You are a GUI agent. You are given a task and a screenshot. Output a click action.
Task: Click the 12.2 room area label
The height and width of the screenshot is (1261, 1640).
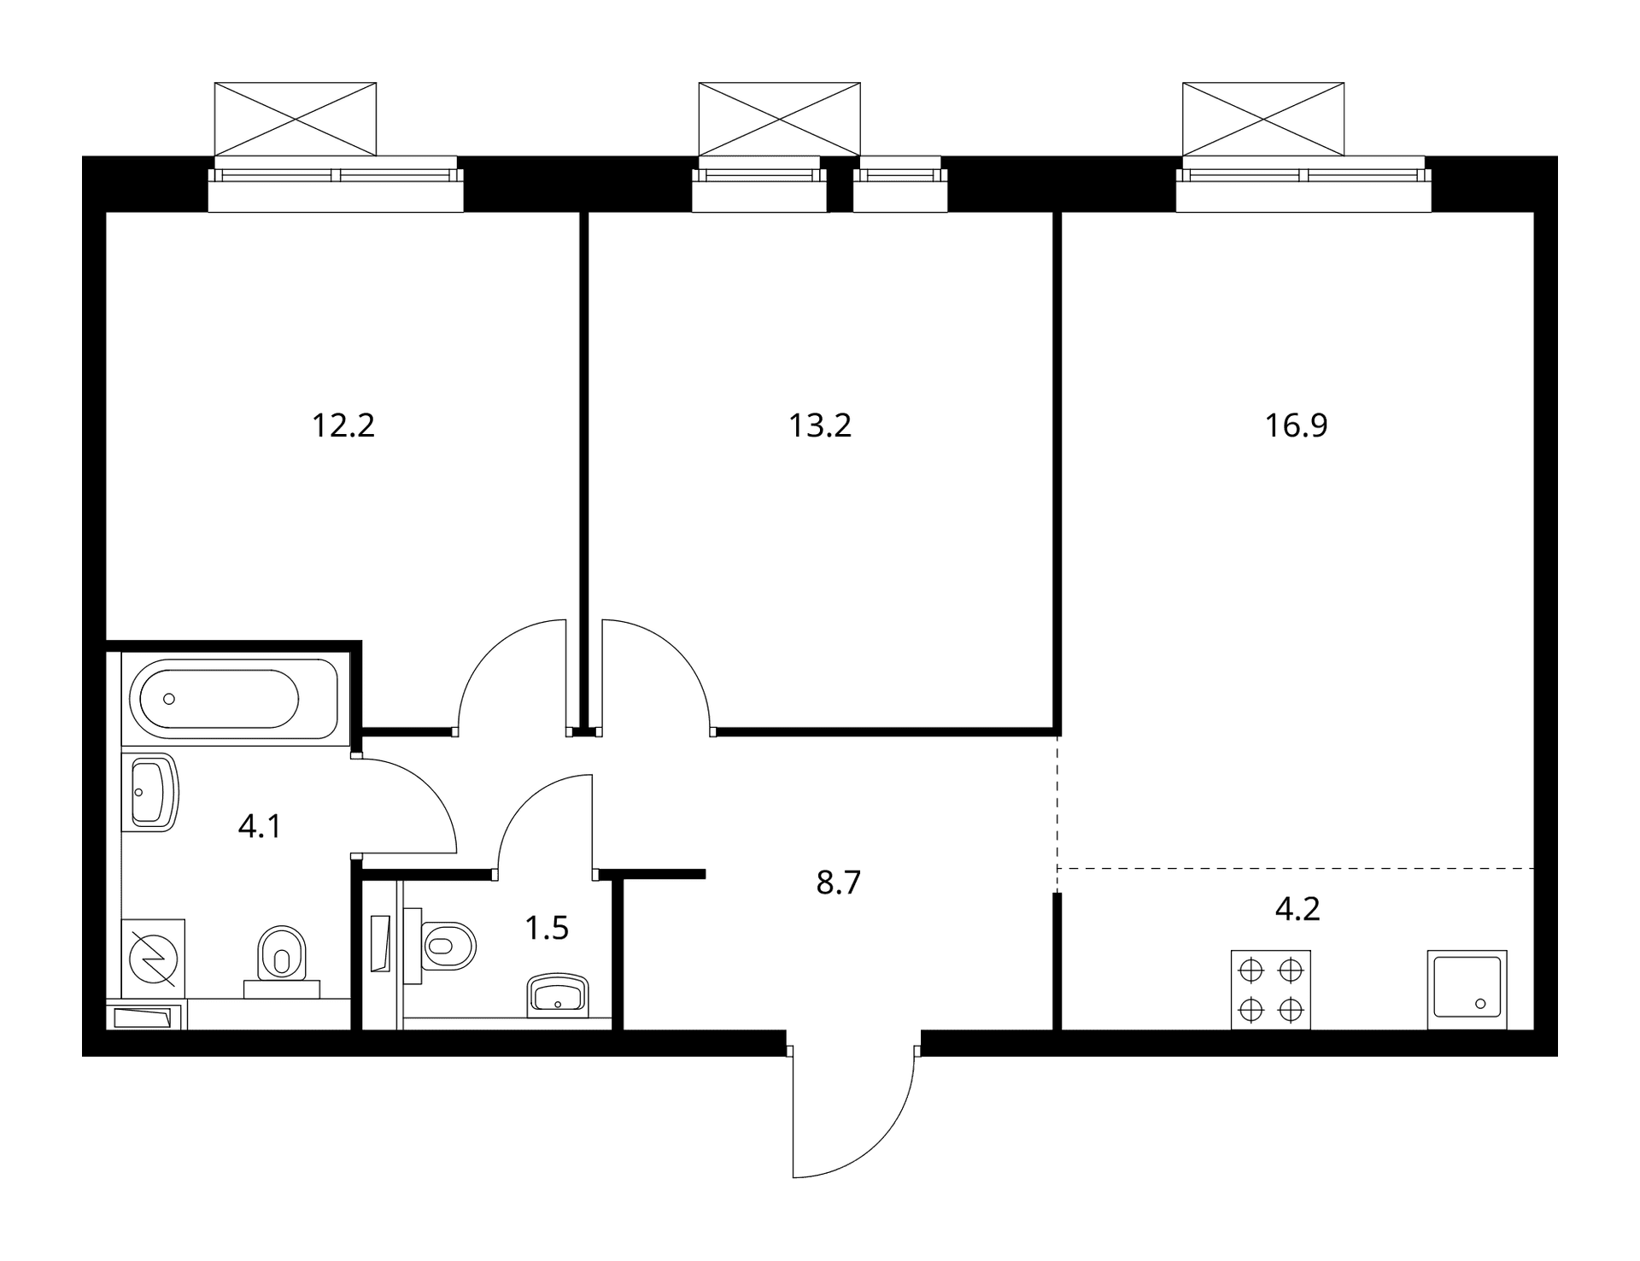[343, 425]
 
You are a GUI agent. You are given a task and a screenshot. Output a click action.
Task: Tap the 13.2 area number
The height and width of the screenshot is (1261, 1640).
[820, 425]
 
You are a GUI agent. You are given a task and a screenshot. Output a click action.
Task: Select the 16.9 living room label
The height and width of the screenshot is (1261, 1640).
[1296, 425]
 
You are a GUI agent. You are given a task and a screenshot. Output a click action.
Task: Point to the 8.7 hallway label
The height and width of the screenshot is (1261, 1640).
[838, 883]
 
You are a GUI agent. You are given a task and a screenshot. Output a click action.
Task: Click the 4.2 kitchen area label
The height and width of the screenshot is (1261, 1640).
[1297, 909]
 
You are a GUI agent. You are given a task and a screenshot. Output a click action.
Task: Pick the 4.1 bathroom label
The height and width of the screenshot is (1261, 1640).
[260, 827]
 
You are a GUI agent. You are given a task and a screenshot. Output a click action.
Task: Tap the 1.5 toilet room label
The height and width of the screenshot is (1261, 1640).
[547, 928]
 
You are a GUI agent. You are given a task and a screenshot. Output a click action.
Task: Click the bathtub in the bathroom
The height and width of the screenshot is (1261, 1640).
[234, 699]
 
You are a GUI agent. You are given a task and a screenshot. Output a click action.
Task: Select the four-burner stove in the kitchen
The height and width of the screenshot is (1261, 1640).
[1271, 989]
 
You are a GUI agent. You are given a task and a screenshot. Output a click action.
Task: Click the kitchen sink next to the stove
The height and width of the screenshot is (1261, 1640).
[1467, 989]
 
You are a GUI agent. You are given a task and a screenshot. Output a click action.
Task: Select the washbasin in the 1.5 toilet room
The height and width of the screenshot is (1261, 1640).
[559, 995]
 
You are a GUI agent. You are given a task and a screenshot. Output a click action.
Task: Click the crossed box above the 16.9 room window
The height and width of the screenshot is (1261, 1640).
[1263, 119]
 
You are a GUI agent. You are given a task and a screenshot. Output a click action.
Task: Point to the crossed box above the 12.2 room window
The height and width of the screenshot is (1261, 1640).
[295, 119]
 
